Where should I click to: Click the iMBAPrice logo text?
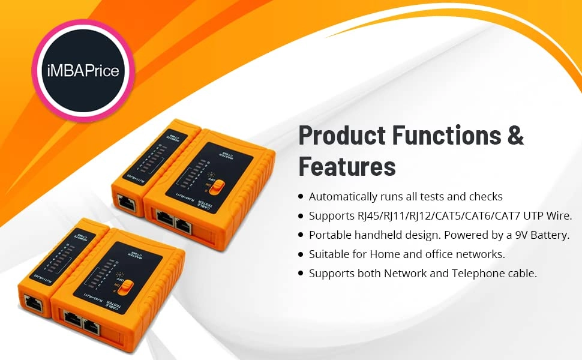coord(83,71)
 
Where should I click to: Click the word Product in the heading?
coord(340,136)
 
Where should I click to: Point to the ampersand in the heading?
coord(516,136)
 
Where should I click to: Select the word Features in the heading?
coord(347,166)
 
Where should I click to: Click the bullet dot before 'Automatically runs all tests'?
coord(301,197)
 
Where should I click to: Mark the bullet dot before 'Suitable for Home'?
coord(301,254)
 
